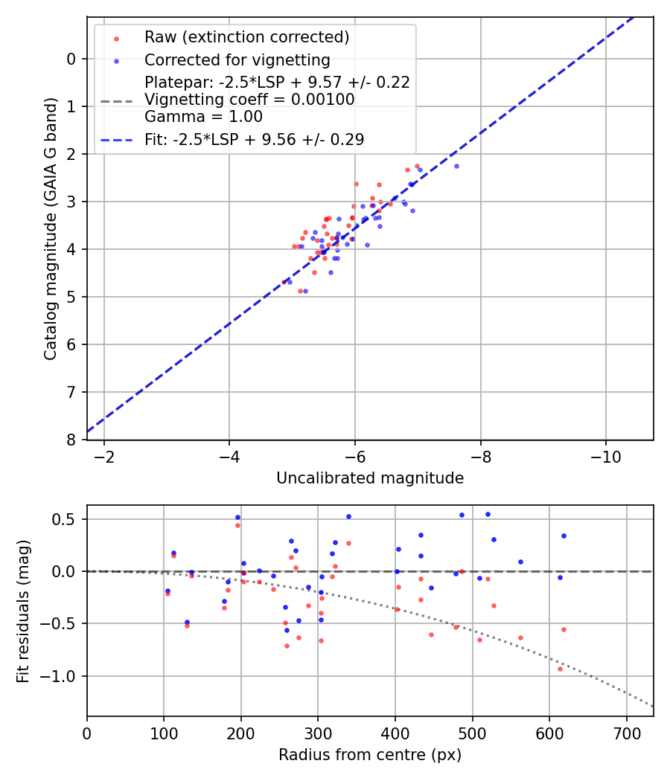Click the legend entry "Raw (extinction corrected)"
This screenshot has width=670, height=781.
246,37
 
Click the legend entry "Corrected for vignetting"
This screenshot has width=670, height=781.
237,60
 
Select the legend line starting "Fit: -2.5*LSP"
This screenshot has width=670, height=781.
254,139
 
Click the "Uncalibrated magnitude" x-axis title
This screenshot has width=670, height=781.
370,478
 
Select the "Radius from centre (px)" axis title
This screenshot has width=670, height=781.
370,755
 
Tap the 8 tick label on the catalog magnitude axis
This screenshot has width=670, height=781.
71,440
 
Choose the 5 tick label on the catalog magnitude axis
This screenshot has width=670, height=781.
71,297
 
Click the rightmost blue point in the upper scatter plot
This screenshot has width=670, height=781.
456,166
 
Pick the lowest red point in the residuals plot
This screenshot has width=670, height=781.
560,669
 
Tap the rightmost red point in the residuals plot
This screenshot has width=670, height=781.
564,629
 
